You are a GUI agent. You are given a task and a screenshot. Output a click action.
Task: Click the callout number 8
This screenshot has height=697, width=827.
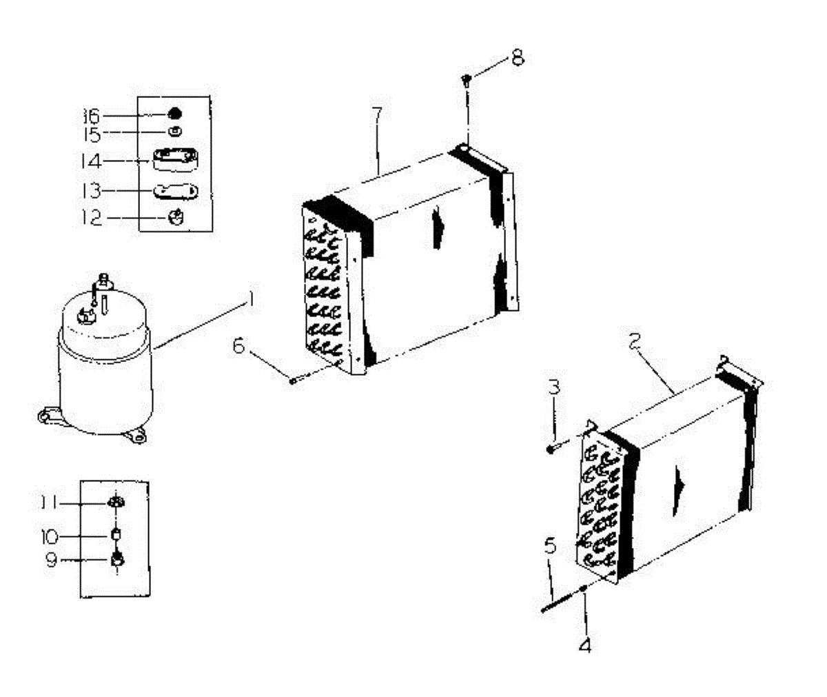(516, 57)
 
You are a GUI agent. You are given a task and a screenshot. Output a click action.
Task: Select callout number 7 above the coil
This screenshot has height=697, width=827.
(378, 115)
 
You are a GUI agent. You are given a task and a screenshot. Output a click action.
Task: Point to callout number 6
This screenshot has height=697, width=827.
(238, 345)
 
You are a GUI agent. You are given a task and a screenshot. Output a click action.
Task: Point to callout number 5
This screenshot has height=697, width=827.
(549, 548)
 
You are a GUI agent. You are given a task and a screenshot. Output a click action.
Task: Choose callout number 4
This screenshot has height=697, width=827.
(585, 646)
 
